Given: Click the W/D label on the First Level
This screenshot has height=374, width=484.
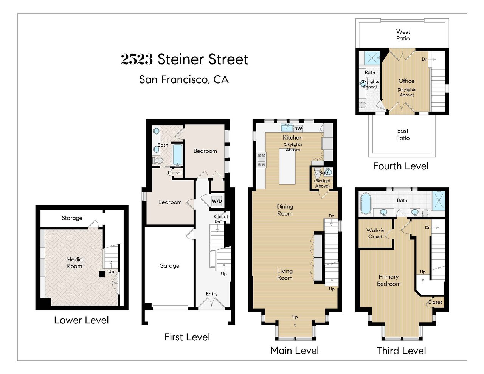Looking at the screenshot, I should pos(217,201).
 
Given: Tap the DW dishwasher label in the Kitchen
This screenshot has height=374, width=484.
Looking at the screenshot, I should pos(298,129).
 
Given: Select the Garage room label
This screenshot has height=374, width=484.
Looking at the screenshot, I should pos(169,266).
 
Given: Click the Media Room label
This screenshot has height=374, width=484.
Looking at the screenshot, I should pos(74,263).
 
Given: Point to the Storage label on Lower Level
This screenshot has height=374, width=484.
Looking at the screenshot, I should pos(72,218).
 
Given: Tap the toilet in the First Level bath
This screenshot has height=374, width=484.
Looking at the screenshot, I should pos(158,161).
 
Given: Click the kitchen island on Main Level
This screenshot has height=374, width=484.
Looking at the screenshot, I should pos(287,166).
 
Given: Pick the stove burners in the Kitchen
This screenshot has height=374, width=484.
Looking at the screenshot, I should pos(261,160).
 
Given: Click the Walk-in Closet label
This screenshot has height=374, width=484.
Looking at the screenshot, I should pos(375,233).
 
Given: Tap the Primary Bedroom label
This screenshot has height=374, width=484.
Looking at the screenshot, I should pos(388,280).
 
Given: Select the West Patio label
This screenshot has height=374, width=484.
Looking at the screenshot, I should pos(403,35).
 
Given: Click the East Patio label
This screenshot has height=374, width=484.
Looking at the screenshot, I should pos(403,134).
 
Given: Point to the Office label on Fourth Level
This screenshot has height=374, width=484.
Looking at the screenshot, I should pos(406,81).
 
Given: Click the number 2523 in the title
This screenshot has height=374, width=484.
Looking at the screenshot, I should pos(137,59).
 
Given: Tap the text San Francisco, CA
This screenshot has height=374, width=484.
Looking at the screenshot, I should pos(184,79).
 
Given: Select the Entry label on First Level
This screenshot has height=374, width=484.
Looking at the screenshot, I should pos(212,294).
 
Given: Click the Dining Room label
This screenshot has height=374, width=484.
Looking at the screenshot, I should pos(285,210).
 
